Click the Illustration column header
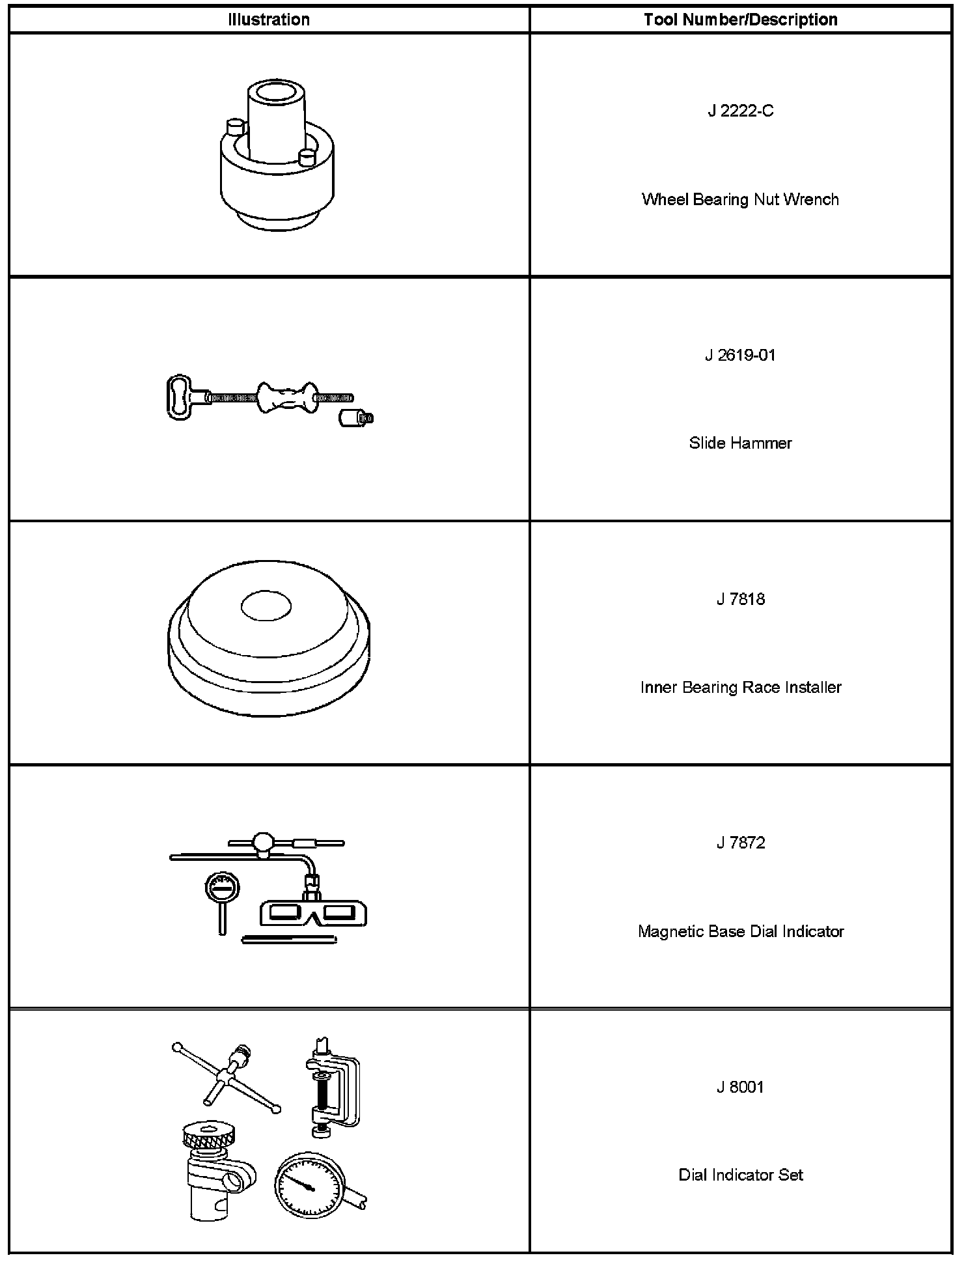click(x=269, y=20)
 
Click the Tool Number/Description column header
click(x=740, y=20)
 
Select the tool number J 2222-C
click(x=740, y=111)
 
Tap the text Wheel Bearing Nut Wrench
click(x=740, y=199)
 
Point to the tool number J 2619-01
click(x=740, y=356)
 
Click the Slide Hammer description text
click(x=740, y=443)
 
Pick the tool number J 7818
click(x=740, y=599)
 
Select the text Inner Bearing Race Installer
click(x=740, y=688)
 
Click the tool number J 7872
click(x=740, y=843)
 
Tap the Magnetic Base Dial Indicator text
click(x=740, y=932)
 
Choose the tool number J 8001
click(x=740, y=1087)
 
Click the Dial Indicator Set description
click(x=740, y=1175)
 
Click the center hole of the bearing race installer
click(x=266, y=607)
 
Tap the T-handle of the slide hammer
click(x=180, y=395)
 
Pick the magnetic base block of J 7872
click(x=313, y=914)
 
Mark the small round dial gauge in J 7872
click(x=222, y=887)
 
